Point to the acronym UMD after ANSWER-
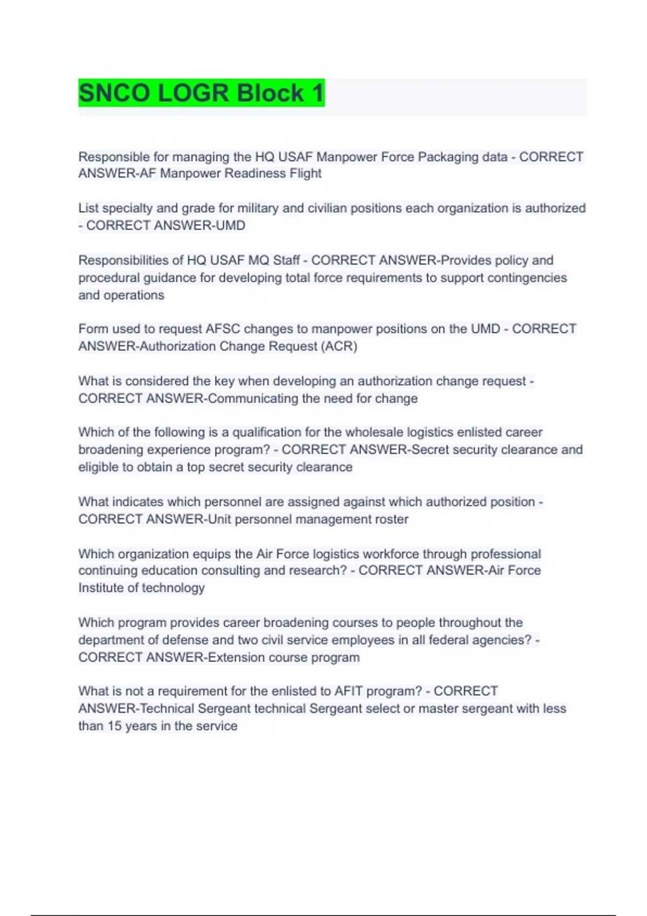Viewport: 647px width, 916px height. tap(230, 225)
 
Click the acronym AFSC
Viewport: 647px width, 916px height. tap(223, 329)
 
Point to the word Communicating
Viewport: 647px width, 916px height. tap(253, 398)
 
